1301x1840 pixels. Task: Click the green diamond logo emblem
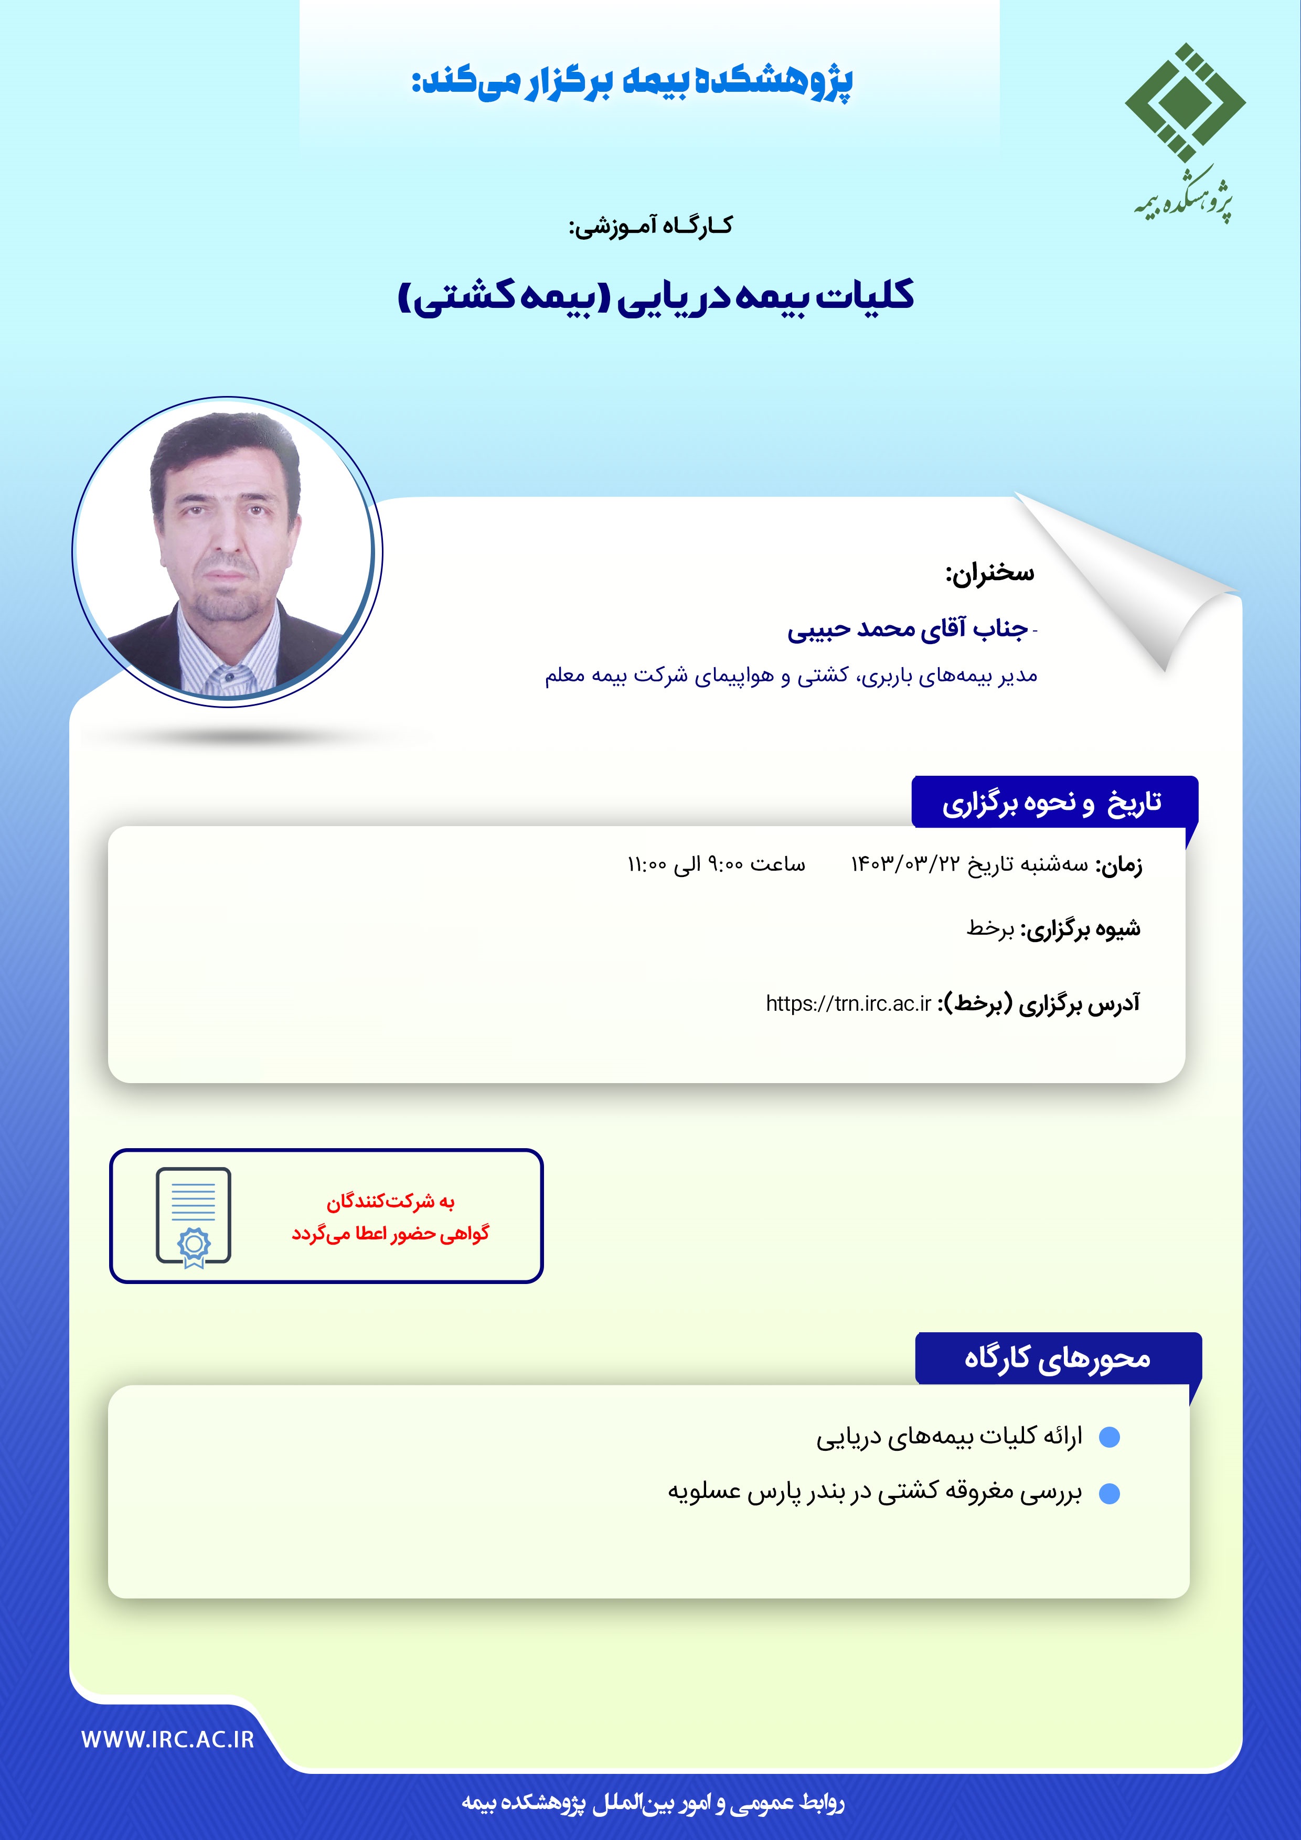pyautogui.click(x=1184, y=103)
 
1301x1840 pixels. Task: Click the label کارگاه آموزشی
pyautogui.click(x=650, y=226)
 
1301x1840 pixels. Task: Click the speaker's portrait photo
pyautogui.click(x=227, y=551)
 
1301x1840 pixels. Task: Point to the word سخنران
pyautogui.click(x=991, y=573)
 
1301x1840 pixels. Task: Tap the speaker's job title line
pyautogui.click(x=791, y=676)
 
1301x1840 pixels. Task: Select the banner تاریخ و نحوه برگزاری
pyautogui.click(x=1052, y=802)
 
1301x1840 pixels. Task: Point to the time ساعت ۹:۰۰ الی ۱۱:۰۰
pyautogui.click(x=716, y=864)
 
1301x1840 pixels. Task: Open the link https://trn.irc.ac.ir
pyautogui.click(x=848, y=1003)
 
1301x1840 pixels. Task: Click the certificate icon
pyautogui.click(x=193, y=1216)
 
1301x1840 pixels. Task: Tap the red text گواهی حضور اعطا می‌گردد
pyautogui.click(x=390, y=1233)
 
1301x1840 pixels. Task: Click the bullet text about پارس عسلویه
pyautogui.click(x=875, y=1491)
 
